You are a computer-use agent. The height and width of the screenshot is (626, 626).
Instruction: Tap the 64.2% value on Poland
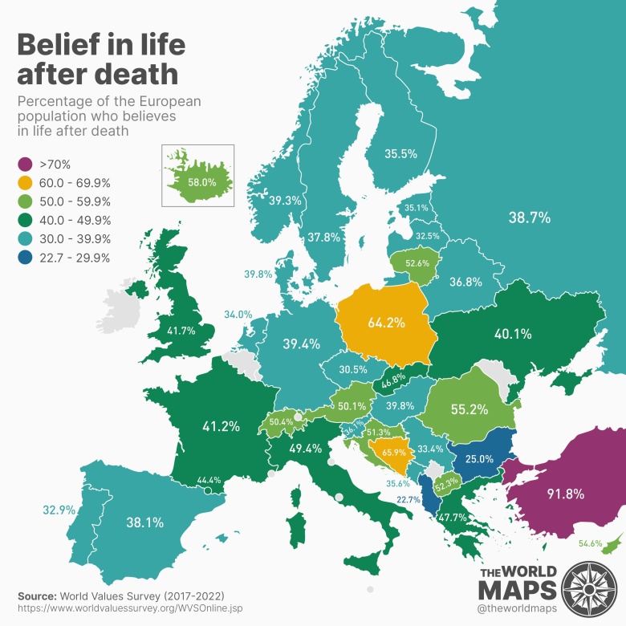[385, 323]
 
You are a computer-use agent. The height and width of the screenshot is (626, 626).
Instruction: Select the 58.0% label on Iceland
[202, 182]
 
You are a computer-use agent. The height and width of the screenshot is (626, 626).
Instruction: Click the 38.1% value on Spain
[144, 522]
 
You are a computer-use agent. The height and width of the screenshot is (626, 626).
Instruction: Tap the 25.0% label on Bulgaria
[480, 458]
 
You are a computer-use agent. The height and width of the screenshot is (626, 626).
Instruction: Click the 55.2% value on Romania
[469, 409]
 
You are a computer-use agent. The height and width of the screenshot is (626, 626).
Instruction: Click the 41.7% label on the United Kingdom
[181, 330]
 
